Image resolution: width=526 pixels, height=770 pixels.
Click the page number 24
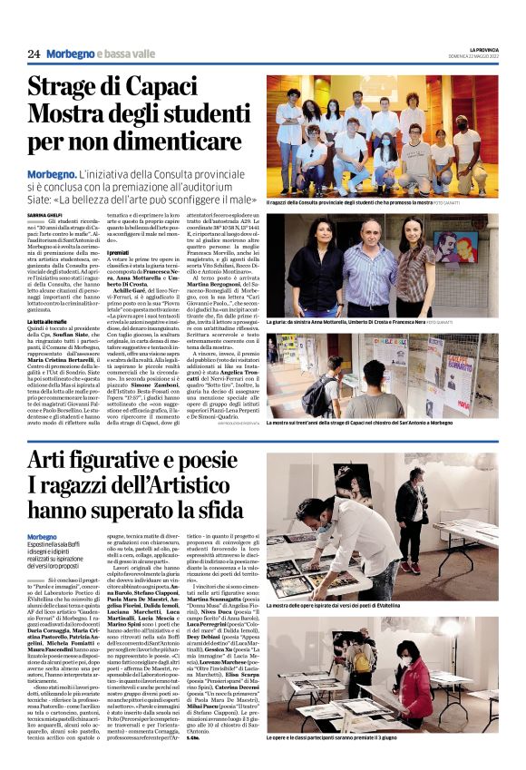coord(34,54)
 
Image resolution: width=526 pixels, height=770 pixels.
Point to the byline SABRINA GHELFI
coord(45,213)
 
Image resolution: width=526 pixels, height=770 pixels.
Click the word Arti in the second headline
coord(50,462)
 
